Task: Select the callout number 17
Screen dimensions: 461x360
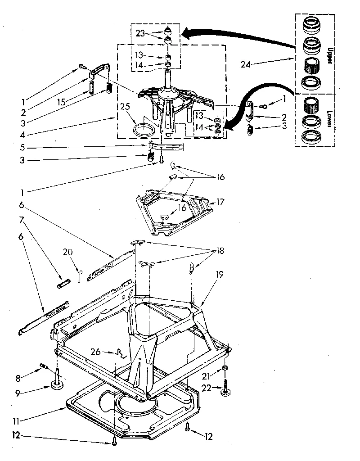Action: click(220, 202)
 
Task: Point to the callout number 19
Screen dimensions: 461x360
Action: click(219, 274)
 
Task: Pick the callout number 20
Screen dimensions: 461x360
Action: click(67, 253)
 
